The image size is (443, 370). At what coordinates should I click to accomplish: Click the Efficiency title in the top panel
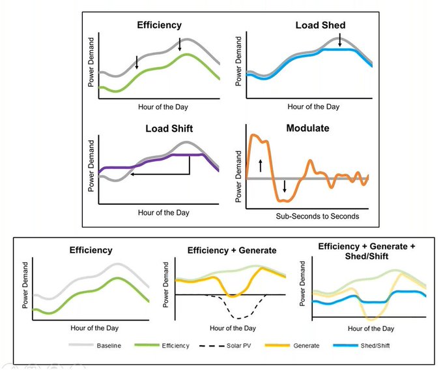[160, 26]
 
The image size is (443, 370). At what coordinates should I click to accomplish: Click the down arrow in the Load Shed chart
[339, 41]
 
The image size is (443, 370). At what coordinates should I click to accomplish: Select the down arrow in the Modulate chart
[284, 186]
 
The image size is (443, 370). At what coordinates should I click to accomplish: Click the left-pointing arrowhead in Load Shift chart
[132, 174]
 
